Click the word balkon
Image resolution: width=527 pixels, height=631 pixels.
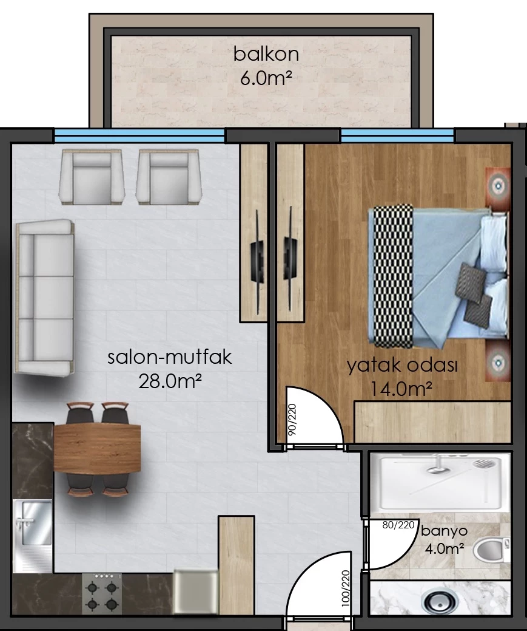point(266,54)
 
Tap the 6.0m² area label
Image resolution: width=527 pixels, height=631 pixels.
point(265,78)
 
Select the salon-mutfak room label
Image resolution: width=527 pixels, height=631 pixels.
point(170,357)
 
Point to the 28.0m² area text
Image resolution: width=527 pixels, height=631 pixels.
point(170,381)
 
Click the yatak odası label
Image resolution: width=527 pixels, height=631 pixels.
point(402,366)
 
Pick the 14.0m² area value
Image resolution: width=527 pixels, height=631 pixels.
point(401,389)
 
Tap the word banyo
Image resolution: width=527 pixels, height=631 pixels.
point(444,531)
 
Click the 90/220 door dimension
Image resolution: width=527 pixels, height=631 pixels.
point(292,419)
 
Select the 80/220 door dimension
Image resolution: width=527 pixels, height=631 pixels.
point(398,525)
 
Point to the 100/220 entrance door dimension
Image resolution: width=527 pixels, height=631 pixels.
point(345,588)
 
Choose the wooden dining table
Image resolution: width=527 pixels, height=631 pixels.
point(97,448)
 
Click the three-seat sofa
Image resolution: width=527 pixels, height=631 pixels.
point(44,298)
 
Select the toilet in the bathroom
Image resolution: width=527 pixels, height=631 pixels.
point(491,550)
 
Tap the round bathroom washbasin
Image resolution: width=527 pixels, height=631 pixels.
point(440,601)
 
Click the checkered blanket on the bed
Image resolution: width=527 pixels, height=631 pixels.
point(393,276)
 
